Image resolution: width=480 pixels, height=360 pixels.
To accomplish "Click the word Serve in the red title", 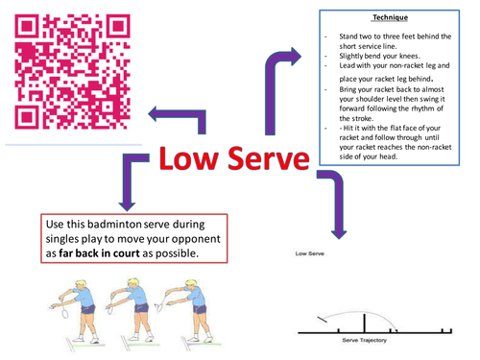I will (x=263, y=161).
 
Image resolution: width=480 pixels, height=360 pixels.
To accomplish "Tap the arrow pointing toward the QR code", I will (x=177, y=115).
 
